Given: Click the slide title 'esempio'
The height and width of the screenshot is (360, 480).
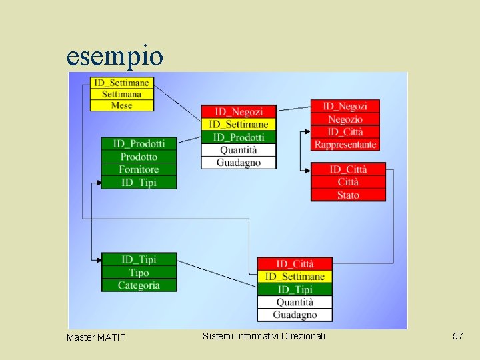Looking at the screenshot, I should [115, 56].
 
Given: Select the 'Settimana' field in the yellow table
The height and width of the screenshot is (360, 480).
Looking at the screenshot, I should [121, 94].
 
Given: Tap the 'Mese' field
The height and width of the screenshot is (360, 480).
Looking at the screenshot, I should [121, 105].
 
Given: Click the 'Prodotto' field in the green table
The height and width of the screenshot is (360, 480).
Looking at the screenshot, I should [139, 157].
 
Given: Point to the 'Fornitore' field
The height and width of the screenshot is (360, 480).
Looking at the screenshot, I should [139, 169].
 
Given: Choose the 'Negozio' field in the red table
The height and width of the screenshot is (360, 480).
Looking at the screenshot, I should [345, 119].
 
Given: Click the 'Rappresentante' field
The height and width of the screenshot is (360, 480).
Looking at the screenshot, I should [345, 145].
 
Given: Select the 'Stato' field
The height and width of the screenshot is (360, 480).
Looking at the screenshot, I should [348, 195].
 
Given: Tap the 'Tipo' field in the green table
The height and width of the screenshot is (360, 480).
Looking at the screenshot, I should [139, 273].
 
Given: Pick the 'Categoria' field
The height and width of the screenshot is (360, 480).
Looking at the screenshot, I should [139, 285].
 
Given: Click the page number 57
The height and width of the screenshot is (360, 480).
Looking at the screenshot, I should [457, 337].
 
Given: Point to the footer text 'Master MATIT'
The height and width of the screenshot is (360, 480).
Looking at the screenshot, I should [96, 337].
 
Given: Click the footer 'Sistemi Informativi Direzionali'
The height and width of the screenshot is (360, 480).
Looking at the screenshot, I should [265, 336].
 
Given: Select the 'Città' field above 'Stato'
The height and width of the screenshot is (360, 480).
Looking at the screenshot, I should [348, 182].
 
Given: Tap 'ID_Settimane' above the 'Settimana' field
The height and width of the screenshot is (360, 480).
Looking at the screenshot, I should [121, 83].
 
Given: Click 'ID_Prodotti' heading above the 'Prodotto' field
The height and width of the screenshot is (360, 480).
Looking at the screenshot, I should [139, 143].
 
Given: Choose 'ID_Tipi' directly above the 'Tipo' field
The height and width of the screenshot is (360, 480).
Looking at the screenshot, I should [139, 259].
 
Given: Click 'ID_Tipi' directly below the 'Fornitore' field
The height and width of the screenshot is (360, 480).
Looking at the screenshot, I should [139, 182].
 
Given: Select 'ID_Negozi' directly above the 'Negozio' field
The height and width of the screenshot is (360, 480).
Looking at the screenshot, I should [345, 107].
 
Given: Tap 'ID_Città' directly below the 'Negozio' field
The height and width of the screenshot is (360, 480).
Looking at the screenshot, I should [345, 132].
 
